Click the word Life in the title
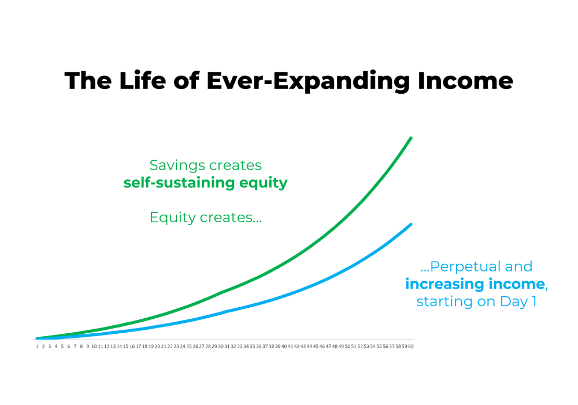point(143,80)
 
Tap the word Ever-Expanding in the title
point(308,81)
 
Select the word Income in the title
point(465,80)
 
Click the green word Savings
point(172,165)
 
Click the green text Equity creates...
point(206,218)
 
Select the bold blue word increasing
point(444,285)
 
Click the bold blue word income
point(516,284)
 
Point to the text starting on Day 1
point(476,301)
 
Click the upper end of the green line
point(411,138)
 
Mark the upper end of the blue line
point(411,224)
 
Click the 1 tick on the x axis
point(37,347)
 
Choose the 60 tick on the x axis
point(410,347)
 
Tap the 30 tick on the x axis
point(220,347)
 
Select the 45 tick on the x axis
point(316,347)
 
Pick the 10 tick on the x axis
point(94,347)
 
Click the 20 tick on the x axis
point(157,347)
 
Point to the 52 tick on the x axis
point(360,347)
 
